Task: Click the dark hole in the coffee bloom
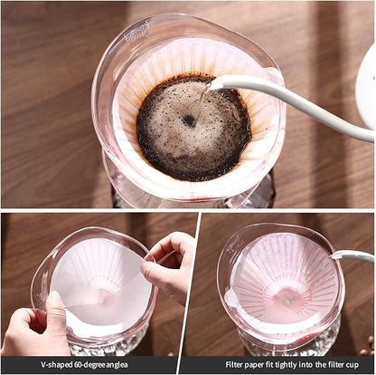[x=189, y=120]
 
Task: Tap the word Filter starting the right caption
[x=239, y=365]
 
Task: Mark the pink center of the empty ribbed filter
[x=287, y=300]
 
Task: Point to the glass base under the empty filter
[x=285, y=345]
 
